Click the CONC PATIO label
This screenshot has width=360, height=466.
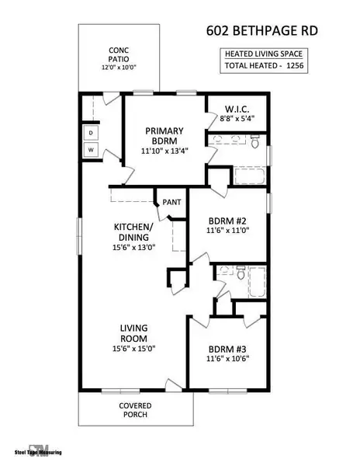coord(119,57)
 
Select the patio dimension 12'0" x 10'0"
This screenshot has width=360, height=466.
coord(119,68)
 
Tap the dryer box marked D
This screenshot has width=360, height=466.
coord(92,134)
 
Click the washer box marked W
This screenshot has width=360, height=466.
coord(92,148)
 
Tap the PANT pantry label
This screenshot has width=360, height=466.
coord(172,203)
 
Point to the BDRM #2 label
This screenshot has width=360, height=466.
coord(227,219)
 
